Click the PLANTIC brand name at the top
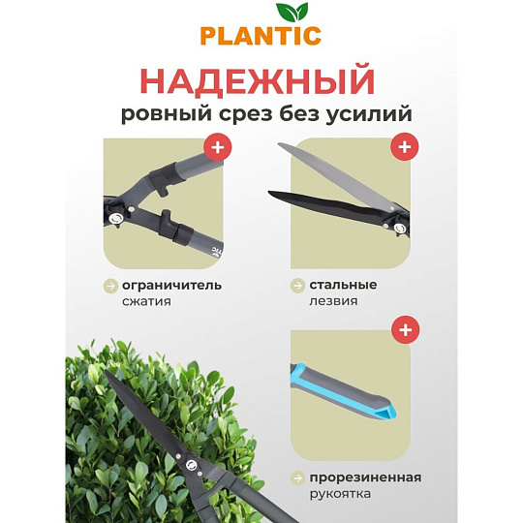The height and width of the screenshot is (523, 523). pyautogui.click(x=261, y=36)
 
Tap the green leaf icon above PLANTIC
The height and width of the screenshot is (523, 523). pyautogui.click(x=292, y=13)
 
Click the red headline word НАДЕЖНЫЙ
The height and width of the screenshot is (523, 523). pyautogui.click(x=258, y=81)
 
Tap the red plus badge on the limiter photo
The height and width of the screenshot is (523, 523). pyautogui.click(x=218, y=147)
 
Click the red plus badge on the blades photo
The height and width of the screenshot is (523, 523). pyautogui.click(x=405, y=146)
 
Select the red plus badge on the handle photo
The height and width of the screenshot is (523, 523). pyautogui.click(x=405, y=330)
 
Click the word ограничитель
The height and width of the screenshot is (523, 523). pyautogui.click(x=171, y=286)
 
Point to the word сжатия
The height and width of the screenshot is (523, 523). pyautogui.click(x=146, y=301)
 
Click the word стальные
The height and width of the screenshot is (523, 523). pyautogui.click(x=343, y=285)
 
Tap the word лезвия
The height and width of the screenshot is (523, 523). pyautogui.click(x=333, y=301)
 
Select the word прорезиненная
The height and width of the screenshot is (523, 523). pyautogui.click(x=365, y=477)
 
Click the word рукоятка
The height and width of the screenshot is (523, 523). pyautogui.click(x=340, y=494)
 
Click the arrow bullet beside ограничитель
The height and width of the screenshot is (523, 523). pyautogui.click(x=110, y=286)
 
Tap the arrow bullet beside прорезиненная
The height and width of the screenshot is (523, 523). pyautogui.click(x=297, y=478)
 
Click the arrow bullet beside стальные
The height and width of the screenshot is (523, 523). pyautogui.click(x=297, y=286)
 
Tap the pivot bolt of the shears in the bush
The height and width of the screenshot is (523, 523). pyautogui.click(x=191, y=465)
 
